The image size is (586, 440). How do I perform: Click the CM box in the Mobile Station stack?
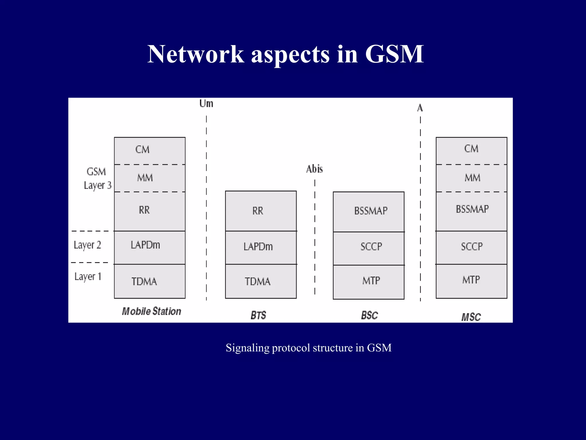pyautogui.click(x=150, y=150)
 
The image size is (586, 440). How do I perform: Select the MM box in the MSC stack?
pyautogui.click(x=472, y=178)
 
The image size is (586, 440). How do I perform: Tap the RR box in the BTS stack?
pyautogui.click(x=261, y=211)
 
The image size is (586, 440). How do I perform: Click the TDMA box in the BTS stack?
pyautogui.click(x=261, y=281)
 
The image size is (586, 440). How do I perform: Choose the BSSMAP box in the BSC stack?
pyautogui.click(x=369, y=211)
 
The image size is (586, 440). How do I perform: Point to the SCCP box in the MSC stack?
pyautogui.click(x=472, y=247)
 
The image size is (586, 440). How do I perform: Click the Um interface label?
pyautogui.click(x=206, y=104)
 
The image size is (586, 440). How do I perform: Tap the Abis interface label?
pyautogui.click(x=314, y=169)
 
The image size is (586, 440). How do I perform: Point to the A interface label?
pyautogui.click(x=420, y=108)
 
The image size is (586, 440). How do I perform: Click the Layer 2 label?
pyautogui.click(x=87, y=245)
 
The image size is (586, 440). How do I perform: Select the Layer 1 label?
pyautogui.click(x=88, y=277)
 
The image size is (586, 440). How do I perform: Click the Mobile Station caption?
pyautogui.click(x=151, y=311)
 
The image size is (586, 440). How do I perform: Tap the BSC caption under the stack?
pyautogui.click(x=369, y=315)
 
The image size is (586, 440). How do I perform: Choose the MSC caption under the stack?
pyautogui.click(x=471, y=317)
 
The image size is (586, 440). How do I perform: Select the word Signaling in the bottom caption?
pyautogui.click(x=248, y=348)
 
